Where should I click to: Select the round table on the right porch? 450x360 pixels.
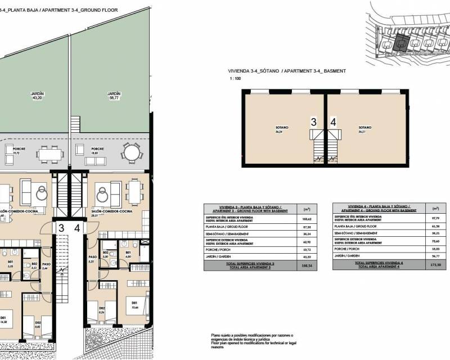[x=131, y=152]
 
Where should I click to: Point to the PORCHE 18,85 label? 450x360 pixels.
[x=97, y=150]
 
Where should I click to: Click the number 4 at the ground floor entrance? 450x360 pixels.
[x=76, y=228]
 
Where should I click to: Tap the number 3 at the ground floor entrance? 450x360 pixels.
[x=60, y=228]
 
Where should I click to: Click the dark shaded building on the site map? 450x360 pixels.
[x=400, y=43]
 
